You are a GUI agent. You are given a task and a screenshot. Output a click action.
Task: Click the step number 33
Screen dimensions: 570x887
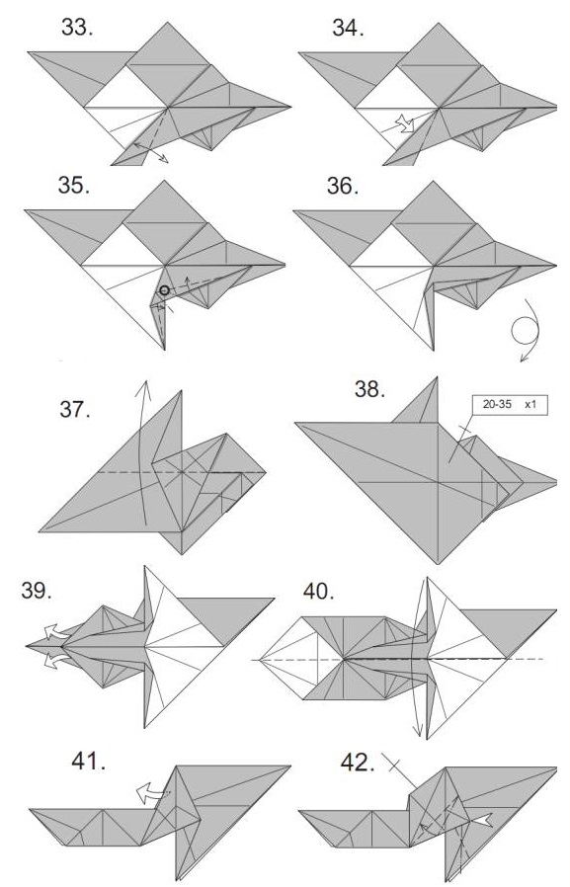pyautogui.click(x=77, y=27)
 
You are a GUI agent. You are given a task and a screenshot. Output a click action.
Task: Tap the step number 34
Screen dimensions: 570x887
pyautogui.click(x=348, y=27)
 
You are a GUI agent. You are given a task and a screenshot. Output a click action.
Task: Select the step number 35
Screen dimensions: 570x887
pyautogui.click(x=73, y=185)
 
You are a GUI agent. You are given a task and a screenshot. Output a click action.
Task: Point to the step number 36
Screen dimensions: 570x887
pyautogui.click(x=343, y=185)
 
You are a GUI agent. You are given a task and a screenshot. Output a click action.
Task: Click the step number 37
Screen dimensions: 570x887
pyautogui.click(x=75, y=409)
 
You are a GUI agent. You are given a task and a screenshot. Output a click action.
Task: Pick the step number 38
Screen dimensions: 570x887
pyautogui.click(x=369, y=389)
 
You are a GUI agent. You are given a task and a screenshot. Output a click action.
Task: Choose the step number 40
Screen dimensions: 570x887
pyautogui.click(x=318, y=591)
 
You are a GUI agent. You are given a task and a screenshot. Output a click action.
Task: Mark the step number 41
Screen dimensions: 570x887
pyautogui.click(x=88, y=762)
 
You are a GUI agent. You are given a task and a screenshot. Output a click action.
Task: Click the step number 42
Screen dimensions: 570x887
pyautogui.click(x=358, y=763)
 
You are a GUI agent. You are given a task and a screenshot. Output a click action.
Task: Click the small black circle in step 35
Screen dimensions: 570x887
pyautogui.click(x=164, y=290)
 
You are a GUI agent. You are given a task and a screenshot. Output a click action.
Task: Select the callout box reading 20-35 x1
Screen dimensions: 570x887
pyautogui.click(x=510, y=405)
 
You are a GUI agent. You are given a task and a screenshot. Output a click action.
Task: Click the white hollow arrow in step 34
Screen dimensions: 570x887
pyautogui.click(x=406, y=123)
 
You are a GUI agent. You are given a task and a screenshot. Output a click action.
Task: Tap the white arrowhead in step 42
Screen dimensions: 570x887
pyautogui.click(x=480, y=820)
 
